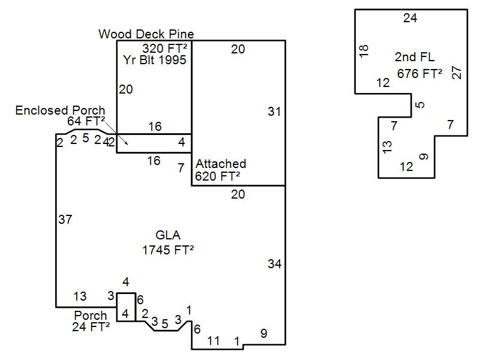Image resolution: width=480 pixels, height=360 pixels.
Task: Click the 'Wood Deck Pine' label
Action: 146,34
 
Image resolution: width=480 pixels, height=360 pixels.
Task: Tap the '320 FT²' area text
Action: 164,48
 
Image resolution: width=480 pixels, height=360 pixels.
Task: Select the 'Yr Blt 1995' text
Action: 155,60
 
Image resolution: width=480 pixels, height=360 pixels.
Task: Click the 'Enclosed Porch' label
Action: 60,110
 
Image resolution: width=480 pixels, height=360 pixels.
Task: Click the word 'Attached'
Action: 221,164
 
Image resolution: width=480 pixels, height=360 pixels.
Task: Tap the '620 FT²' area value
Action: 218,176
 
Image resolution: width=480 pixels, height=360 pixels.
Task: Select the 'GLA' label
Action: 167,236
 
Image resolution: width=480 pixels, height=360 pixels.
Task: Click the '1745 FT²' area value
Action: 168,250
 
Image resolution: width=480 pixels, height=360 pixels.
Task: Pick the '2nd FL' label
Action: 415,57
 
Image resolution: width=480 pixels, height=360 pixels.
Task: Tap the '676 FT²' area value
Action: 420,74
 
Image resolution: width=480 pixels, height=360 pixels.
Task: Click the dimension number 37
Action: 65,220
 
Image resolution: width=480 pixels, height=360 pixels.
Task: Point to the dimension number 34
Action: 274,264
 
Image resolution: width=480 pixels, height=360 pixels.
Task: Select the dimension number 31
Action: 274,112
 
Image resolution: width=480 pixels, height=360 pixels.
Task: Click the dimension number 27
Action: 457,73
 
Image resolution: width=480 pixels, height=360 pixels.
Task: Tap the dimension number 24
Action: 410,18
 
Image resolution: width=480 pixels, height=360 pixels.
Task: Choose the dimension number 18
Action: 364,51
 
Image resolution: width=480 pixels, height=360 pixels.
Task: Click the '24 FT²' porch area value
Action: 91,327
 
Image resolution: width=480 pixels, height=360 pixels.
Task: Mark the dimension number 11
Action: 213,341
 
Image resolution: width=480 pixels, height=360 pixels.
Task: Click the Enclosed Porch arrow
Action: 123,140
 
